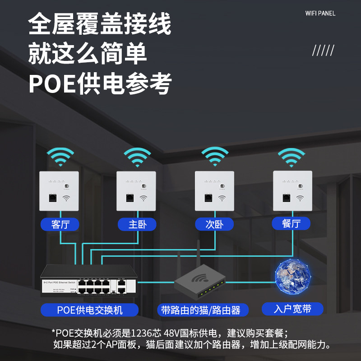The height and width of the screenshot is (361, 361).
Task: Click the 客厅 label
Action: tap(60, 224)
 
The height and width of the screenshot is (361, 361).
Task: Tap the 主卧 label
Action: tap(137, 224)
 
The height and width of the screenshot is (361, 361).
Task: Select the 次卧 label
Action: tap(214, 224)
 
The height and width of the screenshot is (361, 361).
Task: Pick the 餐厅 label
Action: tap(291, 223)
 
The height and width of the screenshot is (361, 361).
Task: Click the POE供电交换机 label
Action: tap(90, 310)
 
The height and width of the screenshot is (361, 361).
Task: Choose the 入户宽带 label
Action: tap(292, 309)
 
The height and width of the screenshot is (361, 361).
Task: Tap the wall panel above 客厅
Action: tap(59, 191)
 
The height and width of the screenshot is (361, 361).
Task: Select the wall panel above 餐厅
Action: tap(292, 190)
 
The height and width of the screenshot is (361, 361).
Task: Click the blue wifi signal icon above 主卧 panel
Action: tap(137, 157)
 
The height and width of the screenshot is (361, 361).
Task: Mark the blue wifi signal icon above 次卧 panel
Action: tap(215, 157)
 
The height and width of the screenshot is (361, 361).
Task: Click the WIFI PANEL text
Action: tap(320, 14)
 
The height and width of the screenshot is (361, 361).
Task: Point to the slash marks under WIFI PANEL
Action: tap(323, 51)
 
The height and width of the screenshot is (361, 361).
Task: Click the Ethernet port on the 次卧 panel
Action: tap(208, 197)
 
